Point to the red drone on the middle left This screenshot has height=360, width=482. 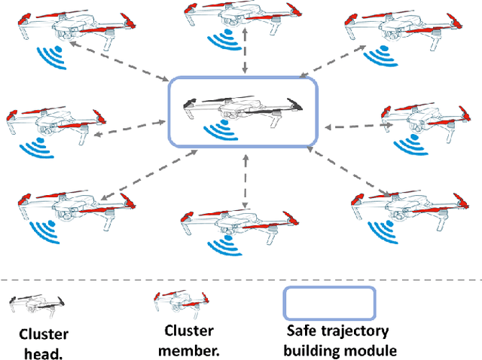(50, 122)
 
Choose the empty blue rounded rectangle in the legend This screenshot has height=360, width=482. (328, 303)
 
